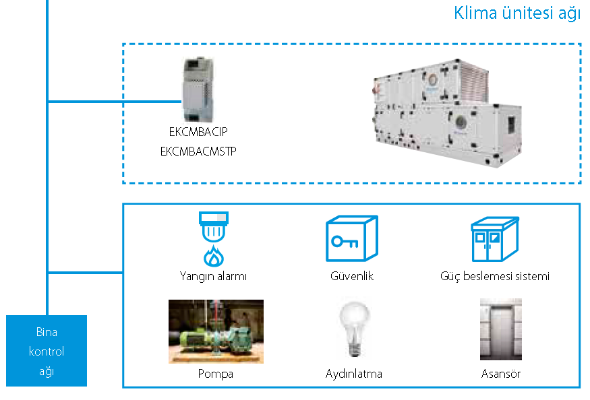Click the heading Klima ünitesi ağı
click(517, 13)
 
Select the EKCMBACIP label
click(199, 132)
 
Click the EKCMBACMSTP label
click(198, 152)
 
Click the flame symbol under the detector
click(213, 257)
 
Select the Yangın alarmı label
click(213, 276)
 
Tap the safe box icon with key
click(351, 238)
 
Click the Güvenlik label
click(352, 276)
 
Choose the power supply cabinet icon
click(494, 239)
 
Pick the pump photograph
click(216, 331)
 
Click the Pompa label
click(216, 374)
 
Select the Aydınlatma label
click(353, 374)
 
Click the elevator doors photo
click(501, 330)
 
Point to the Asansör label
click(501, 374)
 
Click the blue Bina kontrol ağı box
click(47, 351)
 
